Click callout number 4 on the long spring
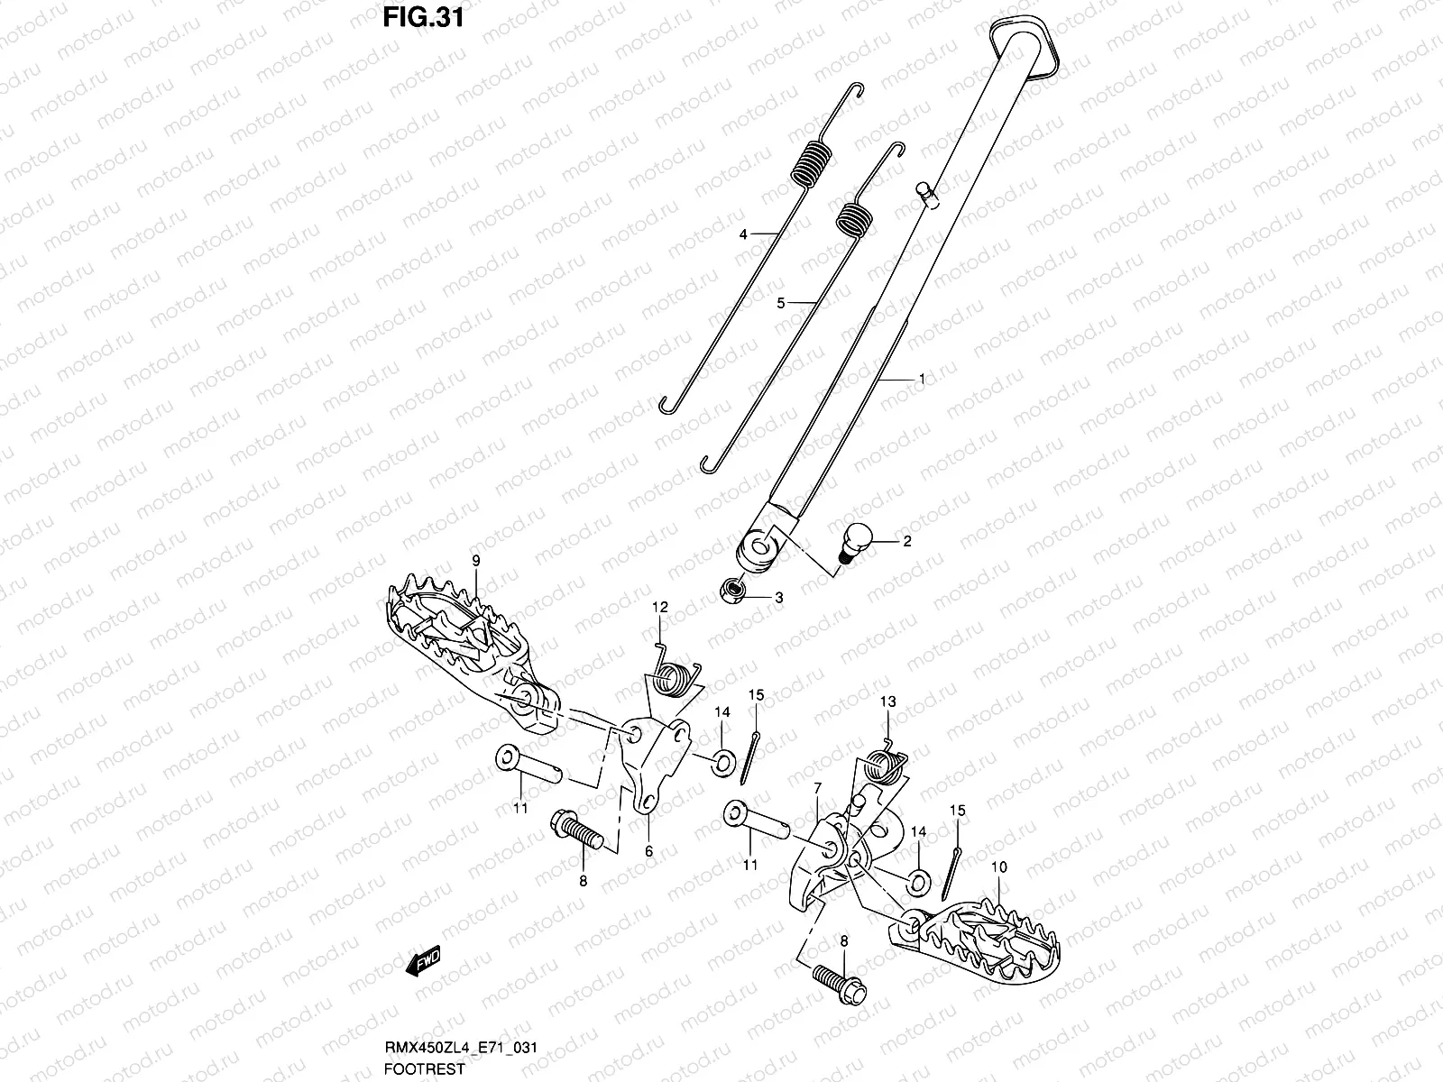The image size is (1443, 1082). pos(743,234)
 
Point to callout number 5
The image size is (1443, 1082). pos(781,305)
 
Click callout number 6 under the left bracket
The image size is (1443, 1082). pos(648,850)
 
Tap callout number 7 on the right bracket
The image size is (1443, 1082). pos(817,788)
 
